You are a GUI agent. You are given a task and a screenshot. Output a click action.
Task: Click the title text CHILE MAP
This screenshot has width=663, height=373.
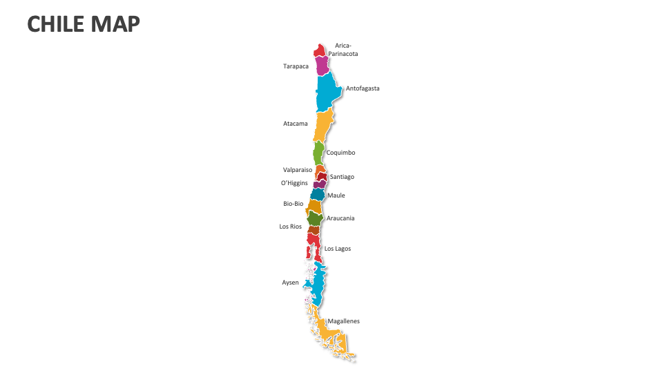(x=84, y=24)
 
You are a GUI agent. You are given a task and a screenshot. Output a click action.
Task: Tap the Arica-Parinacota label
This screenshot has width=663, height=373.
(x=343, y=50)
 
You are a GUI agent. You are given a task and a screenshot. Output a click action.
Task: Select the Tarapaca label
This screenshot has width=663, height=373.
(x=296, y=66)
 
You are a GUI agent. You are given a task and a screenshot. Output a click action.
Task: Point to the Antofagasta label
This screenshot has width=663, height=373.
(x=363, y=88)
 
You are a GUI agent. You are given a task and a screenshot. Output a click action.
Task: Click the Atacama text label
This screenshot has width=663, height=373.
(x=296, y=124)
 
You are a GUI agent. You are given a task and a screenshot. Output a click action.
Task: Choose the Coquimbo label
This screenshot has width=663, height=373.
(x=341, y=153)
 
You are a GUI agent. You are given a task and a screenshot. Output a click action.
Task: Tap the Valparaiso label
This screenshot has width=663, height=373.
(x=298, y=169)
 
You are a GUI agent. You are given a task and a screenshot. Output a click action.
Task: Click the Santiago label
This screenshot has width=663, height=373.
(x=342, y=177)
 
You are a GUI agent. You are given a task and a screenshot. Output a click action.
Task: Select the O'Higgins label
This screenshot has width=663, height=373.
(x=294, y=183)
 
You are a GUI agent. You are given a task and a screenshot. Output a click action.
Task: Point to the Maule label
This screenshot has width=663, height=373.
(x=336, y=195)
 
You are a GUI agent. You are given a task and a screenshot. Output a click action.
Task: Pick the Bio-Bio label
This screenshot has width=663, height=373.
(x=294, y=204)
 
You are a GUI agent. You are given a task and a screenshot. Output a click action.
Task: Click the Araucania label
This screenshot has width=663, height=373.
(x=340, y=218)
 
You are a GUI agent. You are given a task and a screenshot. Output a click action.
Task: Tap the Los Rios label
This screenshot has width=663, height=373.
(x=291, y=227)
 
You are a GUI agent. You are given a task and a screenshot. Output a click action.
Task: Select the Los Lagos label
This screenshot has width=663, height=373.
(x=338, y=249)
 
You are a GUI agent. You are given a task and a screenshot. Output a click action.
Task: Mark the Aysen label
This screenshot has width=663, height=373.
(x=291, y=283)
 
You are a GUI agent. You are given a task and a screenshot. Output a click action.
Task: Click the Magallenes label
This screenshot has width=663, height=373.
(x=343, y=321)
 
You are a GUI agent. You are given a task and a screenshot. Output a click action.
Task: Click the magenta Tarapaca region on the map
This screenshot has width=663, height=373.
(x=322, y=66)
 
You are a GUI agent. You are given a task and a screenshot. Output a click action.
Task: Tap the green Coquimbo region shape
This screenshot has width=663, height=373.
(x=318, y=152)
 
